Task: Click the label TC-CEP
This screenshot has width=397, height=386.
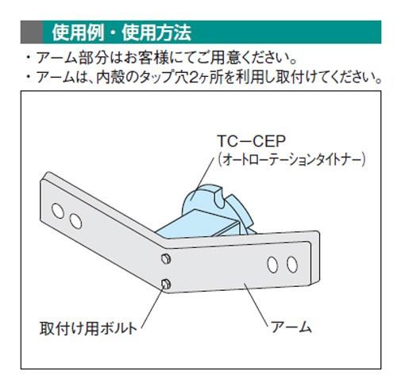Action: click(252, 141)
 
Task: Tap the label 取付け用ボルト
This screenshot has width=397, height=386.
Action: click(88, 329)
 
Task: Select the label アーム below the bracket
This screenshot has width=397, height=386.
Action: click(291, 327)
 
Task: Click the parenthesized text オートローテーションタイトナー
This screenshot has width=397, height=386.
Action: click(291, 159)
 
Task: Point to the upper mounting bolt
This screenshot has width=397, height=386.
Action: click(166, 259)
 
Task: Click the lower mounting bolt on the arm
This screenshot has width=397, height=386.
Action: click(166, 284)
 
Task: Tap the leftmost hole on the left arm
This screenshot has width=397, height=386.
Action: click(58, 211)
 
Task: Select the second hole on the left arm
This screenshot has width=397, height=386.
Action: click(75, 221)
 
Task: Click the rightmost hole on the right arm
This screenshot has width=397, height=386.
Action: click(292, 264)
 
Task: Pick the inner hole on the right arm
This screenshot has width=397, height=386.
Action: click(272, 265)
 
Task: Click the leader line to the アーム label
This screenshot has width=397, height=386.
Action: click(256, 304)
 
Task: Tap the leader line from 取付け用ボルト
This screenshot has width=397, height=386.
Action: click(152, 308)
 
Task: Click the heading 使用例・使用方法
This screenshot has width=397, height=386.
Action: click(121, 32)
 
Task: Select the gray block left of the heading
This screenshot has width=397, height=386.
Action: click(32, 32)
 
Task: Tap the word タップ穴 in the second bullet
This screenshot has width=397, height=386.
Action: click(164, 78)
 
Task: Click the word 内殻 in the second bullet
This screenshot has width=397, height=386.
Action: click(110, 78)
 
